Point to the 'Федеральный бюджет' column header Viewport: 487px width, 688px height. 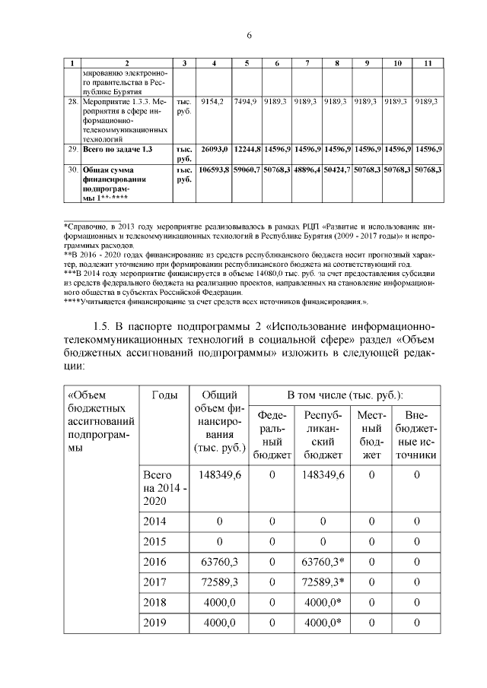click(272, 436)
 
